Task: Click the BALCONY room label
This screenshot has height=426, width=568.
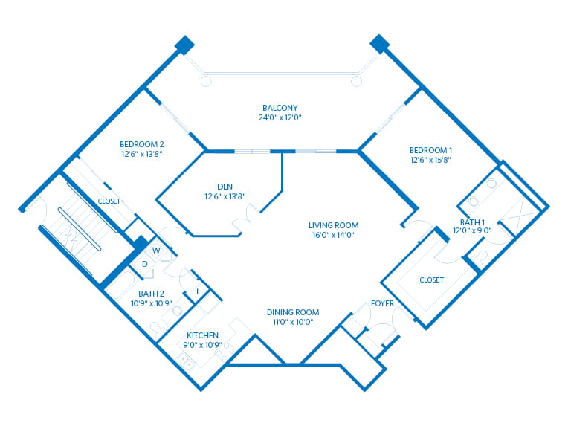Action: point(281,106)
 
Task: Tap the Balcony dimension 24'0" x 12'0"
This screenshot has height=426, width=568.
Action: point(281,117)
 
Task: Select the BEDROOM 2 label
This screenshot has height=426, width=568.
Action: point(141,143)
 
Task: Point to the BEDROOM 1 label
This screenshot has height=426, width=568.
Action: point(430,149)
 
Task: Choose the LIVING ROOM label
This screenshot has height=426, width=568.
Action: point(334,225)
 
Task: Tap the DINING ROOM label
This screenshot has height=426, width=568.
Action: point(293,312)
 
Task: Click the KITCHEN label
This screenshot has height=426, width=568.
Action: point(202,335)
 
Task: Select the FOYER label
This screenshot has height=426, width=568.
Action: point(382,303)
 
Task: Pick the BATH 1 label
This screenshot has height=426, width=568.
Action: point(472,222)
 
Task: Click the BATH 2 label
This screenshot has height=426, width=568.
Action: point(152,294)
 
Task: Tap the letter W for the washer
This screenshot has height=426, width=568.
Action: point(156,251)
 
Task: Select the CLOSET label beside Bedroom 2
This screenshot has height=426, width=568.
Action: point(109,201)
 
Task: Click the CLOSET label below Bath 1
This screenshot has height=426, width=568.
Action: point(431,280)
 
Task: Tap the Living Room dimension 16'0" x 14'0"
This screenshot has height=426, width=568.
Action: point(334,235)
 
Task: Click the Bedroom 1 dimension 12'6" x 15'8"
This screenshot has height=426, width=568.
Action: point(430,159)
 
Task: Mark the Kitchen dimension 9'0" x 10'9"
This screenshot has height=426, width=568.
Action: point(202,345)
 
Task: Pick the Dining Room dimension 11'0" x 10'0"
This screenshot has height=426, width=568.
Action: point(293,322)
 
